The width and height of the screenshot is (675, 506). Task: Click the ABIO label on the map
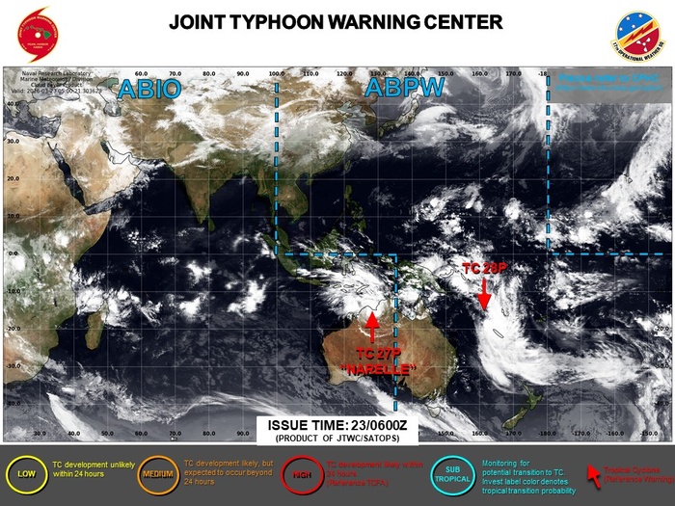tap(148, 89)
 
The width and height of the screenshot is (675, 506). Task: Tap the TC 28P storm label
tap(484, 267)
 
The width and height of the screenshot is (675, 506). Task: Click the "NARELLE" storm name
tap(379, 370)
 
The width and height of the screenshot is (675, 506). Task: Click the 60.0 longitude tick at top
tap(140, 72)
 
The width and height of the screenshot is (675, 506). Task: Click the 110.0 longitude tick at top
tap(310, 72)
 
